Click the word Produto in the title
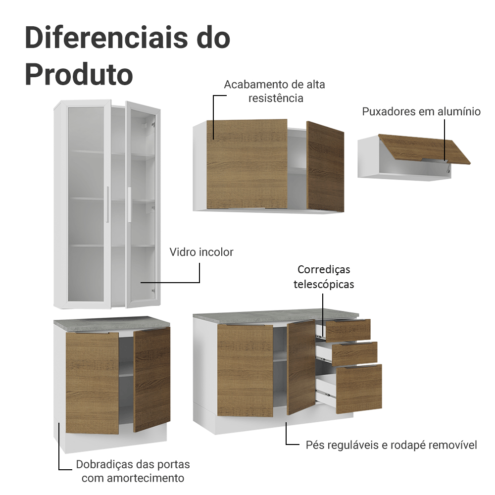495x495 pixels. point(79,74)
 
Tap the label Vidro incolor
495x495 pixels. point(201,252)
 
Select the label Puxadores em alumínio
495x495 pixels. point(421,111)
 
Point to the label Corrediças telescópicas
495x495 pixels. point(324,277)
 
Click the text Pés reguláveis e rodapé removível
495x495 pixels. point(391,445)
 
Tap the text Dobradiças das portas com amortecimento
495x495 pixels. point(133,471)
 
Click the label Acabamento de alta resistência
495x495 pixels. point(275,91)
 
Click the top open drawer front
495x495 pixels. point(348,330)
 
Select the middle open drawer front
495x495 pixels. point(354,353)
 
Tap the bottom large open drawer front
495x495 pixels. point(359,388)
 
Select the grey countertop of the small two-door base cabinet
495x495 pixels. point(111,322)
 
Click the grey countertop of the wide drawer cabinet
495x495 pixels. point(275,316)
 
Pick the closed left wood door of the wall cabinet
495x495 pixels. point(247,164)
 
